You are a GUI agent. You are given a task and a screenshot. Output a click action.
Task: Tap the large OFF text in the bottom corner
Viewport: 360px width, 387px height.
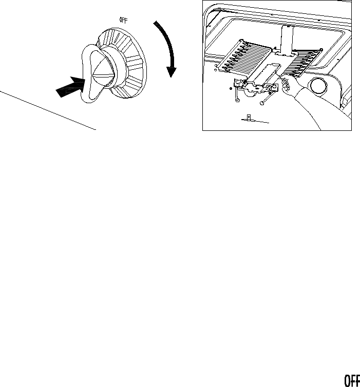click(x=351, y=380)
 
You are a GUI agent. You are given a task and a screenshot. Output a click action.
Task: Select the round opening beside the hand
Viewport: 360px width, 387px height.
click(x=319, y=86)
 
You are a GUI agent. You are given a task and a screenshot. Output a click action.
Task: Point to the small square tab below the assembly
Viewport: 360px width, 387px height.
click(x=248, y=118)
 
